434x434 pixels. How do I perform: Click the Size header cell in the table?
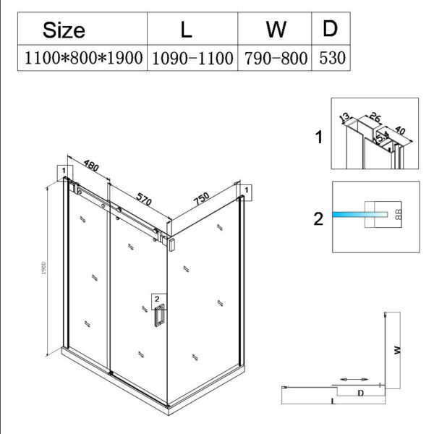click(x=64, y=30)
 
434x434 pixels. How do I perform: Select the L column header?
click(x=187, y=29)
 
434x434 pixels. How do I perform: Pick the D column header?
click(x=330, y=29)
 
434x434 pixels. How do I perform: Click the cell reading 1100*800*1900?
click(x=82, y=58)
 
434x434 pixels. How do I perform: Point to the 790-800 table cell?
click(x=274, y=58)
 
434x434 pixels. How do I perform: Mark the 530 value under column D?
click(x=331, y=58)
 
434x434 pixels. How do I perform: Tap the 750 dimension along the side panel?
click(x=203, y=198)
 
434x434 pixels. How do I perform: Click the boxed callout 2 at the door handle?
click(x=157, y=298)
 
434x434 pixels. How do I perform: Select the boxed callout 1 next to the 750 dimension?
click(x=248, y=190)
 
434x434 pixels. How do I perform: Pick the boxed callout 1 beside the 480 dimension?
click(x=64, y=171)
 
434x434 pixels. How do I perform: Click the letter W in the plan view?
click(x=396, y=351)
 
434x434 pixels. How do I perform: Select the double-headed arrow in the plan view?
click(x=354, y=379)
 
